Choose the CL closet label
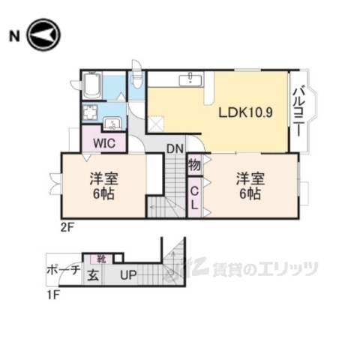(193, 197)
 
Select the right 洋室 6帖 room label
(250, 185)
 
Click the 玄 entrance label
(93, 275)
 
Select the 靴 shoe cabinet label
(101, 259)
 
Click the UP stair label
(128, 275)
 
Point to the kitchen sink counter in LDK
(191, 79)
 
